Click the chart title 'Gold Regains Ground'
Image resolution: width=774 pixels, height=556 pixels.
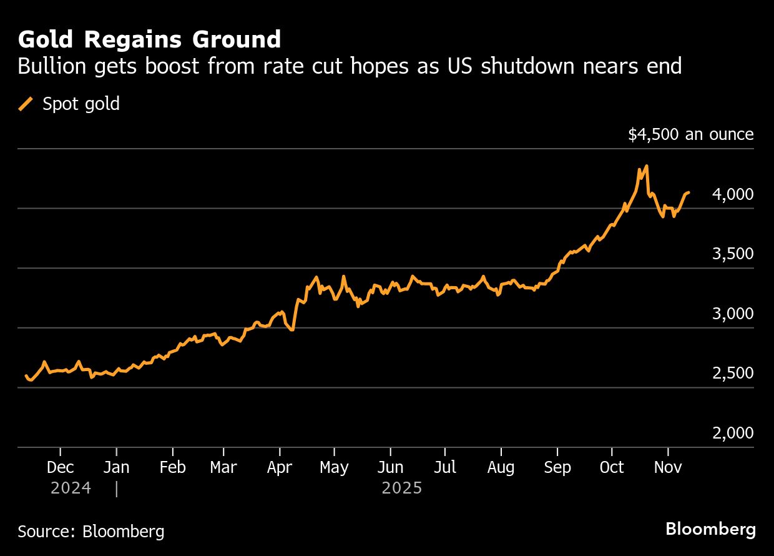pyautogui.click(x=149, y=40)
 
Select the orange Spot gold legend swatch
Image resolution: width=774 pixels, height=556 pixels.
pyautogui.click(x=26, y=104)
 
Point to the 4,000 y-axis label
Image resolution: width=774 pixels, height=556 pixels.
pyautogui.click(x=732, y=195)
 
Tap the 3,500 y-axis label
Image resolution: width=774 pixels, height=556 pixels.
pyautogui.click(x=732, y=254)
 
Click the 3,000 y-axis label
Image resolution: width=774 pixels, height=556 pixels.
pyautogui.click(x=732, y=314)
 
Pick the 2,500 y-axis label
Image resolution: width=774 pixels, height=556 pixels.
pyautogui.click(x=732, y=373)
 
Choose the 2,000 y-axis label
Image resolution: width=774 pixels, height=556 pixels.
pyautogui.click(x=732, y=433)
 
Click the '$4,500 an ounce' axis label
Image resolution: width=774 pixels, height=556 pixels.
pyautogui.click(x=690, y=134)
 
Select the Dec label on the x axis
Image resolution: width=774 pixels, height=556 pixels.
pyautogui.click(x=61, y=467)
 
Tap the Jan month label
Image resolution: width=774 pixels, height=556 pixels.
pyautogui.click(x=117, y=467)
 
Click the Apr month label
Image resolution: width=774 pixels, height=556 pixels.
pyautogui.click(x=280, y=467)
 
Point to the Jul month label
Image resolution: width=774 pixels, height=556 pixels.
pyautogui.click(x=444, y=467)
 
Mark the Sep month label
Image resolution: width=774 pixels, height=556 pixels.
pyautogui.click(x=557, y=467)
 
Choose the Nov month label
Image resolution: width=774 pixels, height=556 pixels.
pyautogui.click(x=668, y=467)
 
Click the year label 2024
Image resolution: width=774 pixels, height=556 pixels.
pyautogui.click(x=71, y=488)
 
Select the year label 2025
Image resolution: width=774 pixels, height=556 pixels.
pyautogui.click(x=402, y=488)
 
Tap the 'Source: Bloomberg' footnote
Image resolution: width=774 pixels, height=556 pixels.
pyautogui.click(x=91, y=532)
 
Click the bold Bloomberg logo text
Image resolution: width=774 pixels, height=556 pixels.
pyautogui.click(x=710, y=529)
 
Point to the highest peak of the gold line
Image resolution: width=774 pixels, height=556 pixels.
pyautogui.click(x=646, y=166)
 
